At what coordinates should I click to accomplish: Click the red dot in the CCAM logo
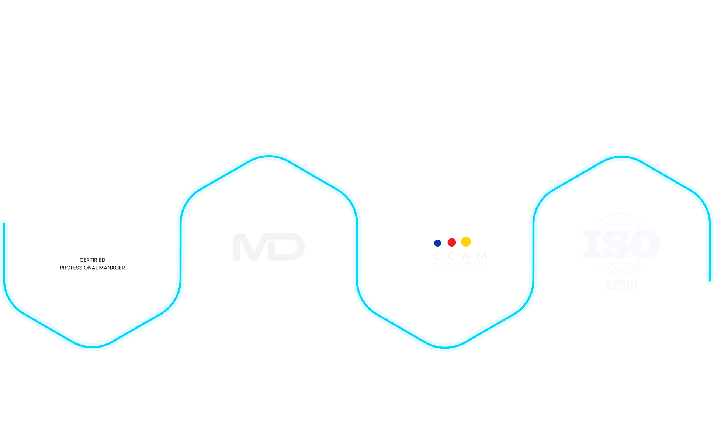[451, 242]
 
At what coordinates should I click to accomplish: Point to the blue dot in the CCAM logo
[437, 243]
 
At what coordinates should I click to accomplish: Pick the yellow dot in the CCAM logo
[466, 241]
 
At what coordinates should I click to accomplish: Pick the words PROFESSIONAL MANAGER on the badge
[93, 268]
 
